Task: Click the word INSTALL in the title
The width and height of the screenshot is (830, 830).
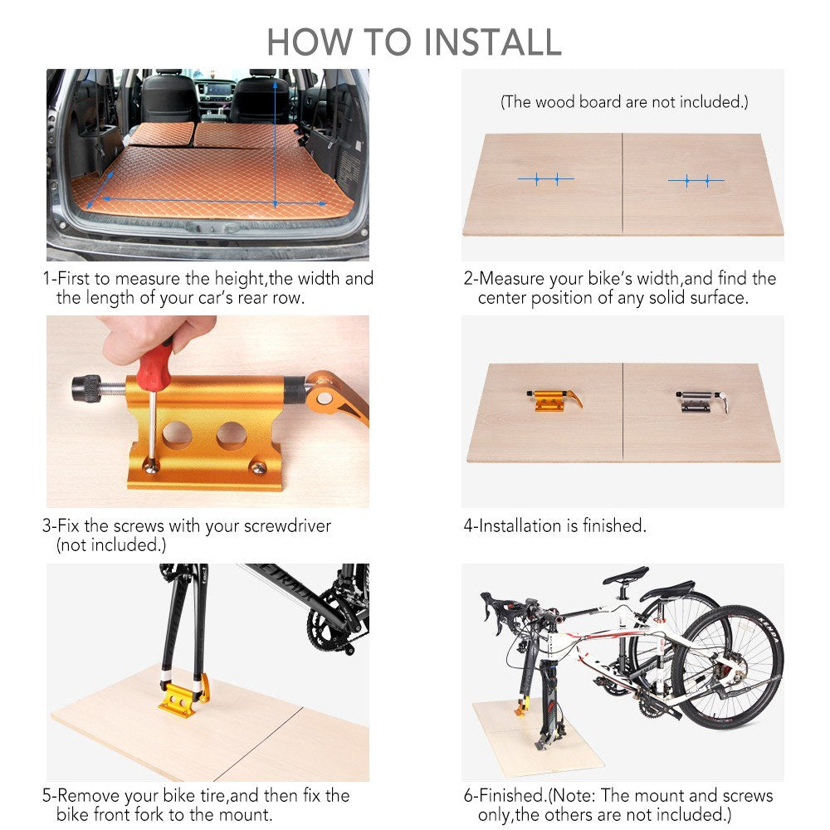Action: pos(492,42)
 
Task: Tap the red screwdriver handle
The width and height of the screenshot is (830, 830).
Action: pos(154,364)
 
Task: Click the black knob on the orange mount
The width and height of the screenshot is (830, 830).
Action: pos(86,388)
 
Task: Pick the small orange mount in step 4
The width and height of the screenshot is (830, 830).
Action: pos(554,400)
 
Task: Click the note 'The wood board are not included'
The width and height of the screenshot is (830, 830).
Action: pos(624,101)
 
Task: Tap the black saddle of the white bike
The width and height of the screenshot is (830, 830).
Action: pos(626,575)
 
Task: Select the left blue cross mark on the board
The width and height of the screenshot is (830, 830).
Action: pos(546,179)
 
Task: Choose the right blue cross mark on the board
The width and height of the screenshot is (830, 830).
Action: pos(696,181)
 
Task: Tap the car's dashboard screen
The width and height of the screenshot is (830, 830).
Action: pos(217,90)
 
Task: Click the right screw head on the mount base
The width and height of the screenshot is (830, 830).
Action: pos(258,468)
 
